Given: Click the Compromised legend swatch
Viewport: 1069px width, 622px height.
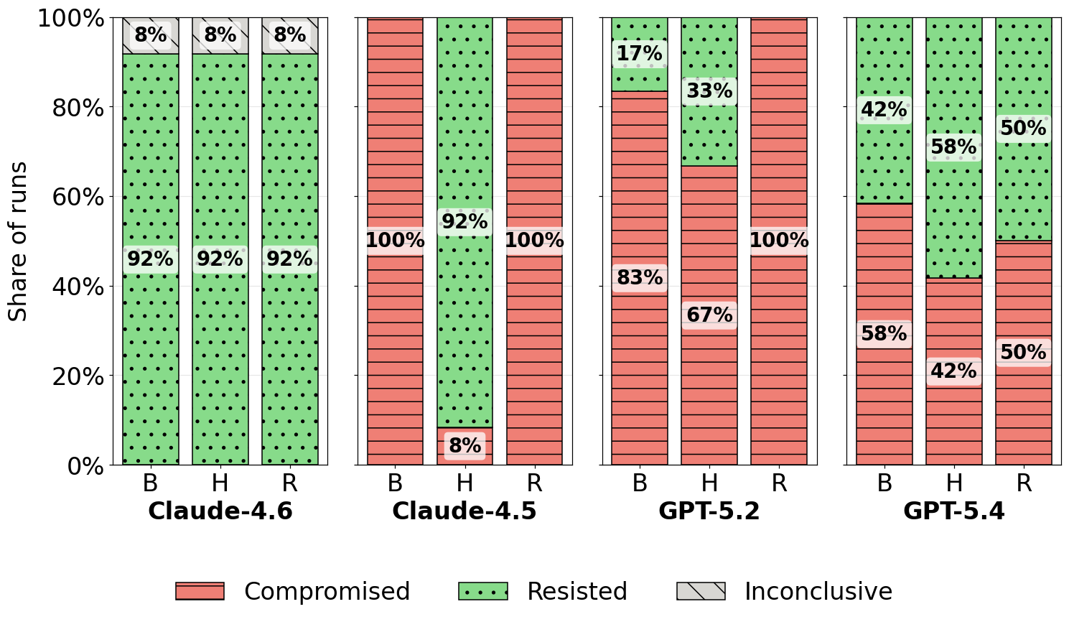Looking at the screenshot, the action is coord(200,591).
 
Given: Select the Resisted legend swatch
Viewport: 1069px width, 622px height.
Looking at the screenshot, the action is coord(483,591).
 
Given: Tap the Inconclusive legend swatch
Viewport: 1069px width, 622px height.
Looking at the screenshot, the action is coord(701,591).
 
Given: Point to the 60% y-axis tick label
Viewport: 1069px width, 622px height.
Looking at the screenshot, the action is coord(78,197).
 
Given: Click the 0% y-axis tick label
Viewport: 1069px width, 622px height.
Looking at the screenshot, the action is coord(85,465).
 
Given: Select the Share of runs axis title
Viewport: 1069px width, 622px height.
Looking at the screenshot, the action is coord(18,241).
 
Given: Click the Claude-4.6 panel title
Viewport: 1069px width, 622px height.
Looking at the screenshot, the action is coord(220,511).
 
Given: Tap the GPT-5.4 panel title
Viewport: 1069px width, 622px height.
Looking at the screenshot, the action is coord(953,511).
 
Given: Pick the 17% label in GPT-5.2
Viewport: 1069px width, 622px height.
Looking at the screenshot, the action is coord(640,53).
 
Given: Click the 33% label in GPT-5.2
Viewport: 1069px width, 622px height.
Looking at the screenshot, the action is coord(709,90).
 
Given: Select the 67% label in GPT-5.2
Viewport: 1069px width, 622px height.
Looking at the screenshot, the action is coord(709,315).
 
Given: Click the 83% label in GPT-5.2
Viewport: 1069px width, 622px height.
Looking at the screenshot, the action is coord(640,277).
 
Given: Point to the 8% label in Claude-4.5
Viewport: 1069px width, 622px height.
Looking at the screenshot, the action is coord(465,445).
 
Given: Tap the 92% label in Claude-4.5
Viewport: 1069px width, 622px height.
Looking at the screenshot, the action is coord(465,221).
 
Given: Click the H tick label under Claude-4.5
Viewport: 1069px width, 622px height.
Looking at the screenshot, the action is coord(465,483).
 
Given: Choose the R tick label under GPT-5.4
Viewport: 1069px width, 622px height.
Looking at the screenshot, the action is coord(1024,483).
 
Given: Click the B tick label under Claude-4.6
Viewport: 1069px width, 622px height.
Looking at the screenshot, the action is coord(150,483).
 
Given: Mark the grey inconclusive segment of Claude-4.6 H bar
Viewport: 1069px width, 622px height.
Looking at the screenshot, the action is coord(220,36).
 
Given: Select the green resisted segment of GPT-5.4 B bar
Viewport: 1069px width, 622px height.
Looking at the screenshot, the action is coord(884,111).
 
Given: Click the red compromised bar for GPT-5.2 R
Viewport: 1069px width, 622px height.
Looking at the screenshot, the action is coord(779,241).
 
